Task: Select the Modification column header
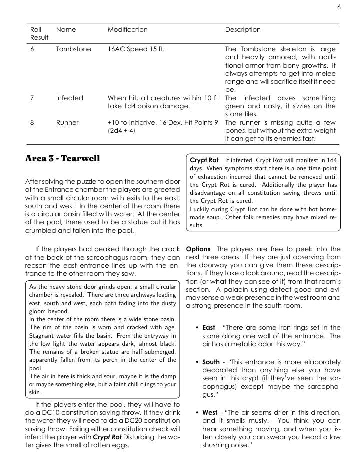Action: (127, 30)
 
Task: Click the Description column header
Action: (243, 30)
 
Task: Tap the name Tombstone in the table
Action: (73, 49)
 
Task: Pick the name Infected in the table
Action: (70, 98)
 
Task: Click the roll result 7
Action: (32, 98)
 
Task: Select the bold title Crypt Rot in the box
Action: (204, 160)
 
